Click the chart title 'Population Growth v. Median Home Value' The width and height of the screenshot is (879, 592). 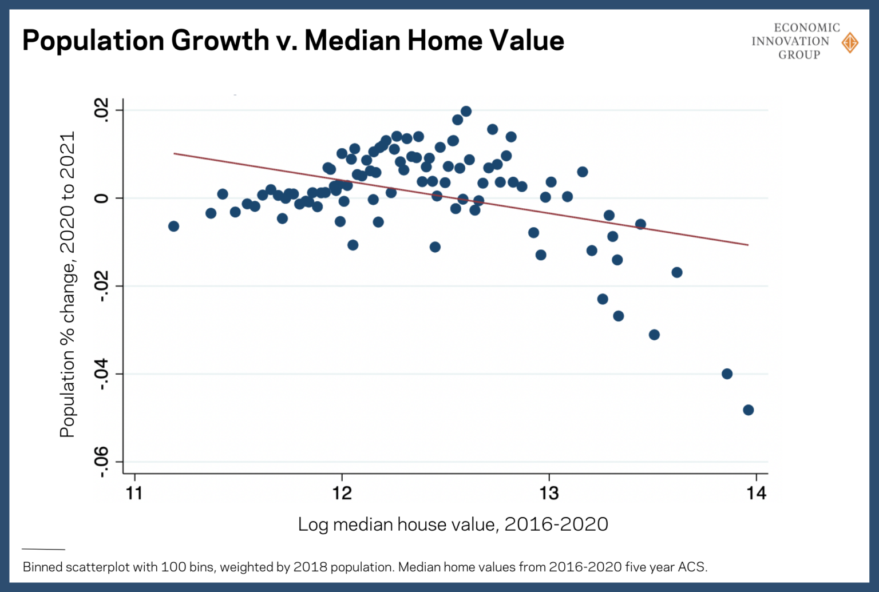[293, 41]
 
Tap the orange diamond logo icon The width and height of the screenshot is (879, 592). [850, 42]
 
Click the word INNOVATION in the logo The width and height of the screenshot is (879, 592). [790, 41]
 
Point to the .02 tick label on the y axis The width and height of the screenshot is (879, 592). [101, 109]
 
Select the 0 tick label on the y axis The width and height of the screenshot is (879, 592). [101, 198]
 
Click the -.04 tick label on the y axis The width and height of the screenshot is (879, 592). [101, 374]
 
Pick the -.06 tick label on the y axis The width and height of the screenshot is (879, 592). [101, 462]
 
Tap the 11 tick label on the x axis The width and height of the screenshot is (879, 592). [134, 493]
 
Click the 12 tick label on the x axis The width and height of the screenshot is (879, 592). [342, 493]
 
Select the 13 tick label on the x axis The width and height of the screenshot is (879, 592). [549, 493]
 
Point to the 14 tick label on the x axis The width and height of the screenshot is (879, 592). [756, 493]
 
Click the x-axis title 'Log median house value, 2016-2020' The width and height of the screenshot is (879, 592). [453, 524]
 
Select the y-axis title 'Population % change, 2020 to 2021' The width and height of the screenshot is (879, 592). [68, 285]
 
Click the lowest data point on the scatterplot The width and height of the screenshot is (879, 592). [748, 410]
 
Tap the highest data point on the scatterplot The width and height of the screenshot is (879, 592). [466, 112]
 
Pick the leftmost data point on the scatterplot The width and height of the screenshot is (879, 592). [173, 227]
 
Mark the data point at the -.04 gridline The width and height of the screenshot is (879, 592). [727, 374]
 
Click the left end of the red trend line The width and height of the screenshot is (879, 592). [175, 153]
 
